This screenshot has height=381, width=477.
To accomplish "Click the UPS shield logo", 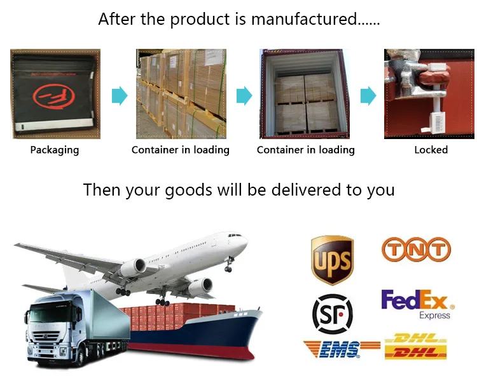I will [332, 260].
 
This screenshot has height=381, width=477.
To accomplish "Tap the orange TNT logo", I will [416, 250].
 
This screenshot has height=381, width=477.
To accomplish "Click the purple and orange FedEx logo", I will [413, 300].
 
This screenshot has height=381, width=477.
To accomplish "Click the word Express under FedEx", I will [434, 316].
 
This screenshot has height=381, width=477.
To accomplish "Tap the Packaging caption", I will [55, 150].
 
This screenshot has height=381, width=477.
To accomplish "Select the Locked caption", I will [431, 150].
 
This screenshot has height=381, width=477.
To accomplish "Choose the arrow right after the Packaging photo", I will [120, 96].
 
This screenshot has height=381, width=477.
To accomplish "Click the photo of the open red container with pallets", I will [306, 94].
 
